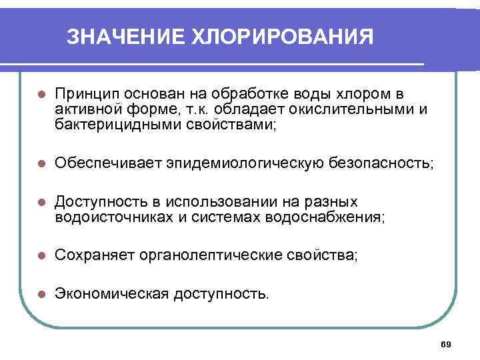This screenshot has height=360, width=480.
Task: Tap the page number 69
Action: coord(447,344)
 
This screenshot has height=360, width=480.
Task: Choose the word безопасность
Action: coord(380,163)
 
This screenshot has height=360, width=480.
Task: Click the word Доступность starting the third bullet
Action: coord(97,201)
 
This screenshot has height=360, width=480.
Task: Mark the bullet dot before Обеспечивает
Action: coord(41,163)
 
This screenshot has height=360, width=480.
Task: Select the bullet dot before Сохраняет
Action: coord(41,255)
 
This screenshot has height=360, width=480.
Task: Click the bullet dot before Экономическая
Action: coord(41,294)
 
